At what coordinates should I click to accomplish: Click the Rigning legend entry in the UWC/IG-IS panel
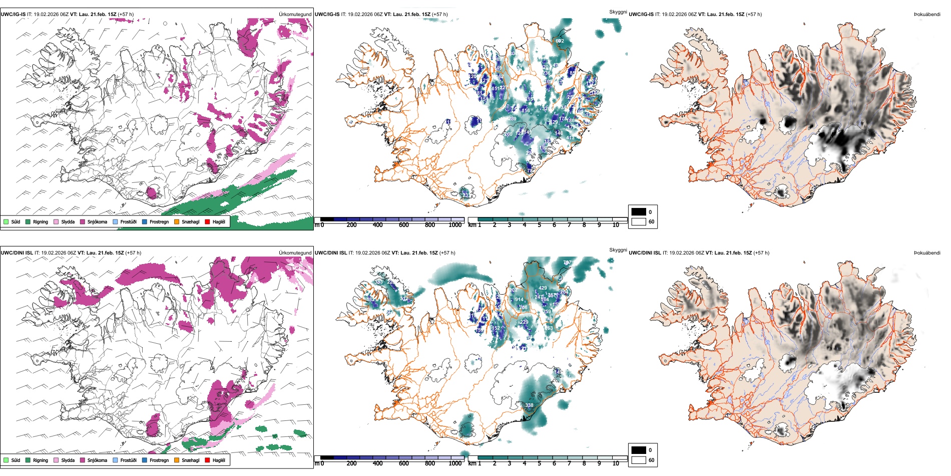[40, 221]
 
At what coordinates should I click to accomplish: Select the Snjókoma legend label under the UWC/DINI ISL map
[97, 460]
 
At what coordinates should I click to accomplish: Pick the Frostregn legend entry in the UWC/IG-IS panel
[159, 221]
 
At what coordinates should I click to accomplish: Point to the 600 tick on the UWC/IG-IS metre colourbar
[404, 225]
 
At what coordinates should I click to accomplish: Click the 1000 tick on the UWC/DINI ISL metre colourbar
[455, 463]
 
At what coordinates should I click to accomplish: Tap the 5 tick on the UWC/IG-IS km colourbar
[539, 225]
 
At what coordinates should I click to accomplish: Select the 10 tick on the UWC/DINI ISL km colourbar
[616, 463]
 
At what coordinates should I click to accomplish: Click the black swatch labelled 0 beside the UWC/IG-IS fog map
[639, 212]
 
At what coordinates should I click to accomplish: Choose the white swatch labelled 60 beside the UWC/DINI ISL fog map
[639, 460]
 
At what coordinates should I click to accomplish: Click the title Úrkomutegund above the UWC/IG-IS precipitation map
[295, 15]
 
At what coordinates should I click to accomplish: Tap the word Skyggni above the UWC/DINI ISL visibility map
[618, 250]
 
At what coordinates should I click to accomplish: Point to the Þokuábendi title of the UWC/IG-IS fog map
[927, 15]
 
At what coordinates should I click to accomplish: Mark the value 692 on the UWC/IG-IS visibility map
[560, 41]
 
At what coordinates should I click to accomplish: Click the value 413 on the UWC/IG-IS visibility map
[570, 138]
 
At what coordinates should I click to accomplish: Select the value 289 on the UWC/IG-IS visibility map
[512, 119]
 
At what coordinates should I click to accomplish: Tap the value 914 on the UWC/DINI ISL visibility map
[519, 300]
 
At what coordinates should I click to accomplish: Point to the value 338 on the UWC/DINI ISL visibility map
[529, 405]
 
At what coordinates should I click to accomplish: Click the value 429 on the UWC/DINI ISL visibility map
[543, 288]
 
